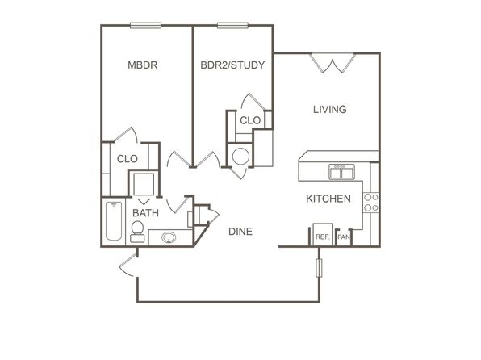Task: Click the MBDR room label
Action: click(143, 65)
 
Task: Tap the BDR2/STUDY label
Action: click(232, 65)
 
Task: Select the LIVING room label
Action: click(330, 109)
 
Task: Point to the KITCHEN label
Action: click(328, 199)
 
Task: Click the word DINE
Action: click(240, 232)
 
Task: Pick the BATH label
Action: click(146, 212)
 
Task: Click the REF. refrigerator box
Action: click(322, 235)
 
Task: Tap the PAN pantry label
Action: click(344, 237)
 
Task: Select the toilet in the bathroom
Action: click(137, 232)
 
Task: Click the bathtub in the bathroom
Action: click(114, 220)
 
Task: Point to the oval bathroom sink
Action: click(169, 237)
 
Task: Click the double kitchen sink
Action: click(341, 172)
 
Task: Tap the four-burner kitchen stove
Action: click(371, 203)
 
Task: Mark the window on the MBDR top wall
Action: click(146, 26)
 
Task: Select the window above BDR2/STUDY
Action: click(232, 26)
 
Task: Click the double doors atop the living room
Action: click(333, 63)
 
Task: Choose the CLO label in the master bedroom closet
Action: click(128, 159)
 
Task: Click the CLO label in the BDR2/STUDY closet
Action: click(250, 120)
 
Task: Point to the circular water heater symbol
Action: click(240, 157)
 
